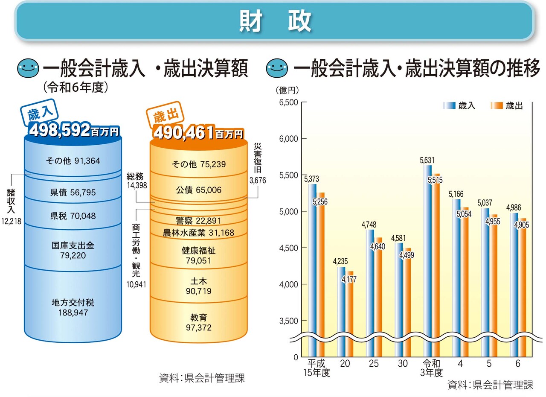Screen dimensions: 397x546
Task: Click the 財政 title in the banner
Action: click(275, 21)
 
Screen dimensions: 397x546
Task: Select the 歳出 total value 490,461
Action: click(183, 132)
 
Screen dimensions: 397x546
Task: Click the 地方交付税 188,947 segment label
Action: click(73, 307)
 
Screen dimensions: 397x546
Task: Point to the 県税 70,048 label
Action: click(73, 216)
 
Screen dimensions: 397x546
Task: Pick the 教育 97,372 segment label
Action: click(198, 322)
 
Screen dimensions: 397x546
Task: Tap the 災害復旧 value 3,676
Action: click(257, 180)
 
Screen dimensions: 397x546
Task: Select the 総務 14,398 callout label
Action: click(137, 181)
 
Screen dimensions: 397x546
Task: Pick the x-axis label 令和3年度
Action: click(431, 368)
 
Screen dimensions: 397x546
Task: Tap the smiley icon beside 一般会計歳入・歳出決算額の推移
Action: click(275, 67)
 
